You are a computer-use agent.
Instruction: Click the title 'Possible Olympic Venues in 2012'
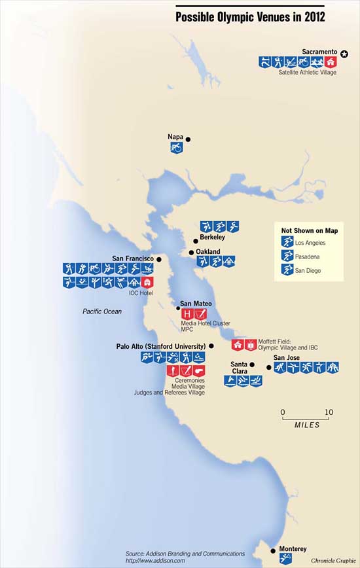point(250,17)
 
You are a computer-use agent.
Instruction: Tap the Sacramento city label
point(319,51)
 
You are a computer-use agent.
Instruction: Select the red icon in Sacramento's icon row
point(331,63)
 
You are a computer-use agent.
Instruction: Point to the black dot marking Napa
point(188,139)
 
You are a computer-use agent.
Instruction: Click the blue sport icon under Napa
point(175,149)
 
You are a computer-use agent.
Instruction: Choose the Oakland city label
point(208,251)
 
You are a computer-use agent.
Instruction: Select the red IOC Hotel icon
point(147,283)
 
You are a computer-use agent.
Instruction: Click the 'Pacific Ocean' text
point(102,312)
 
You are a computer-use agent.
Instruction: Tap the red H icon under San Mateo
point(187,315)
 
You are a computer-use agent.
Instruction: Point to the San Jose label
point(287,357)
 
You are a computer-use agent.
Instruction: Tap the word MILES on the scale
point(307,425)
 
